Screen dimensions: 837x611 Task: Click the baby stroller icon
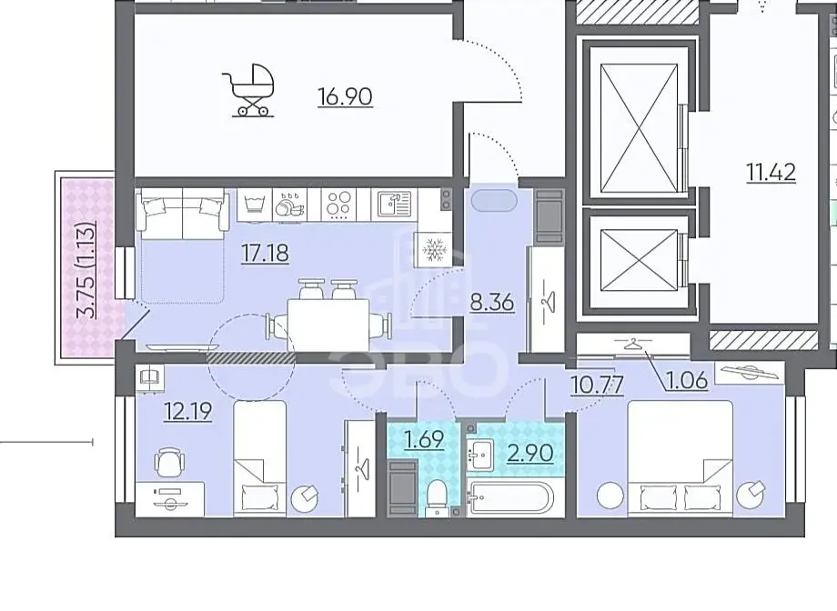(248, 90)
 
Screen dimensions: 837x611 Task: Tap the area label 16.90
(345, 97)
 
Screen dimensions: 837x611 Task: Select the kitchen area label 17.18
(266, 254)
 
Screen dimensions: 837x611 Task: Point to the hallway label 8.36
(491, 303)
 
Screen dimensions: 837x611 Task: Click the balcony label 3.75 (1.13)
(86, 270)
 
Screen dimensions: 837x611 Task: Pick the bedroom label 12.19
(188, 411)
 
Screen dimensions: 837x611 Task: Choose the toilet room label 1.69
(424, 440)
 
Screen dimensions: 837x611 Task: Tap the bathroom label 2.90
(529, 453)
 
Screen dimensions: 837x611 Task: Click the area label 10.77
(598, 385)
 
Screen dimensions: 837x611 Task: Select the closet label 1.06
(687, 380)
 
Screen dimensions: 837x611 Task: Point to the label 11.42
(771, 173)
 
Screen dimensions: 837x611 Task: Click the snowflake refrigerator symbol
(433, 249)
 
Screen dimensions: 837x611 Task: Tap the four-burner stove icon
(339, 205)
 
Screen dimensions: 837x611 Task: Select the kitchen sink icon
(395, 204)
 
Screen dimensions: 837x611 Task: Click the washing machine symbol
(255, 205)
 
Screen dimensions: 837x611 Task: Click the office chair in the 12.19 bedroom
(169, 462)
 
